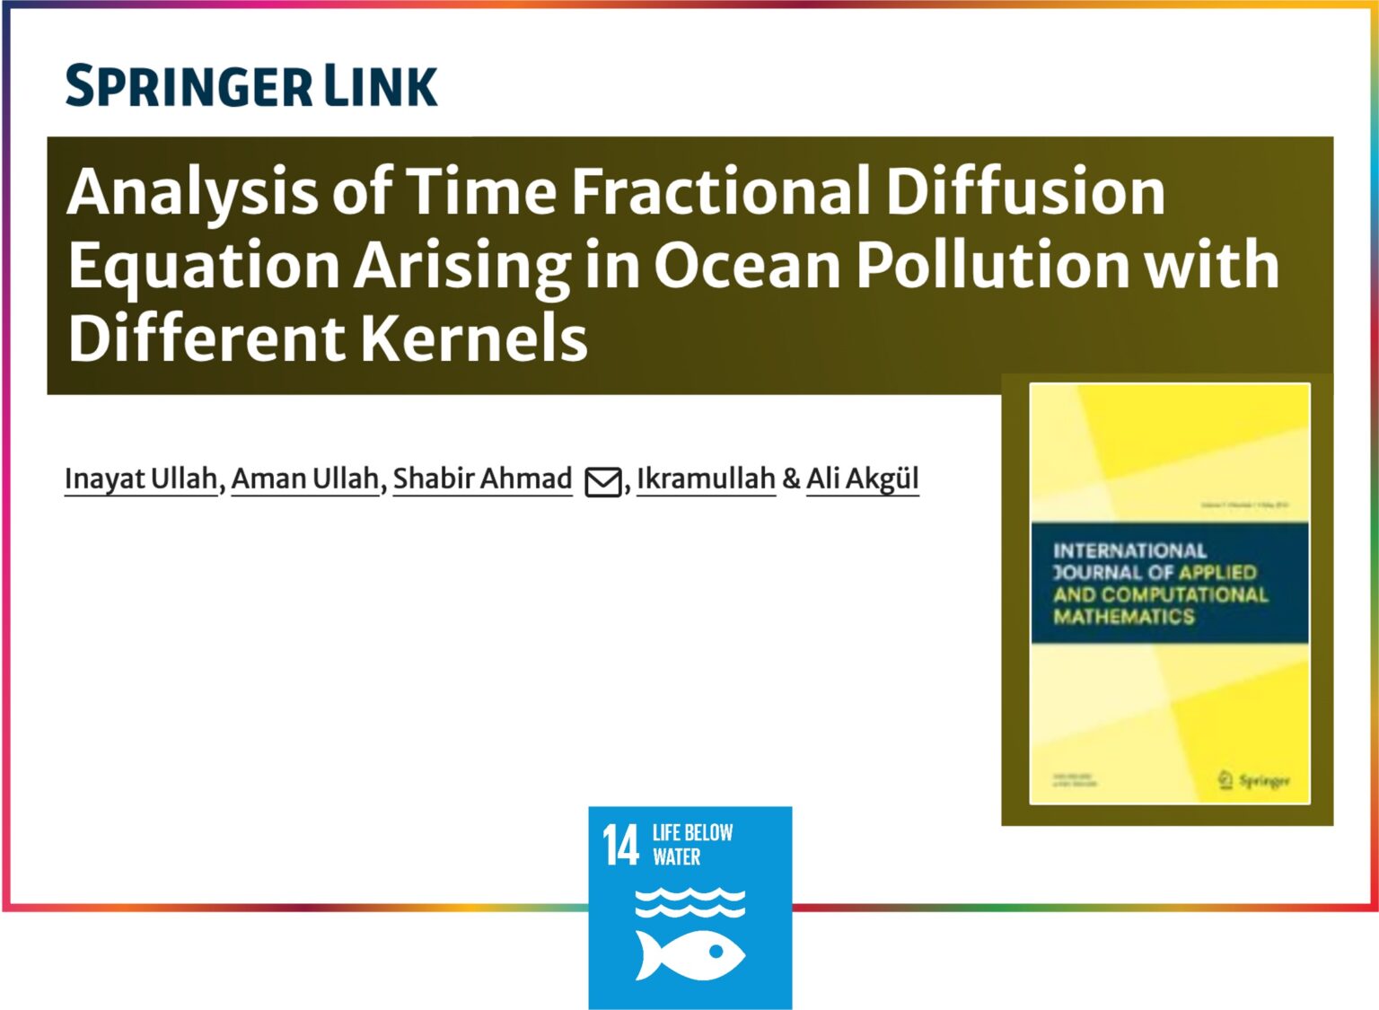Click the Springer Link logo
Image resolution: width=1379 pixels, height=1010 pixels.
pos(251,86)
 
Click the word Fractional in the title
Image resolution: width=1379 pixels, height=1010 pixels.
pos(720,191)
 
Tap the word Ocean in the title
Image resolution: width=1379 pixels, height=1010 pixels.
pos(747,265)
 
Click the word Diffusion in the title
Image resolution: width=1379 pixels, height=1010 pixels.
pos(1025,191)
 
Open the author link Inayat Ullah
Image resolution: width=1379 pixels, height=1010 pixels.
pos(141,479)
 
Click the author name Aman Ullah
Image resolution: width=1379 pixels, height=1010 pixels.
pos(305,479)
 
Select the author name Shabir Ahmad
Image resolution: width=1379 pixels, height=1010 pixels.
pos(482,479)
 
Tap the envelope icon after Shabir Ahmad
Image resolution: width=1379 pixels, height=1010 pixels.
pos(602,482)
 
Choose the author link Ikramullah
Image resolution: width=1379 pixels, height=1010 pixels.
pos(706,479)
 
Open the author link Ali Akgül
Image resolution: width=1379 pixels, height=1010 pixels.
pos(862,479)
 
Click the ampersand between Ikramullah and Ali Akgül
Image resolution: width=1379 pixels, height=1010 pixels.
pos(791,479)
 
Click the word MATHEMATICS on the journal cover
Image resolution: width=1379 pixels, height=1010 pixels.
pos(1124,617)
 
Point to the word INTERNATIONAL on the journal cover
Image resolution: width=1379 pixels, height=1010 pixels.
pos(1129,550)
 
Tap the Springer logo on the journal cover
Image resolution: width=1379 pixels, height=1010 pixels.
pos(1254,780)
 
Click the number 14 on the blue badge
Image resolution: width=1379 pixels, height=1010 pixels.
pos(620,846)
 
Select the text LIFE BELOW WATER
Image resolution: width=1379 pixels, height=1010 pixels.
pos(691,845)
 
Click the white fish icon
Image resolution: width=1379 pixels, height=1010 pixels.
pos(689,954)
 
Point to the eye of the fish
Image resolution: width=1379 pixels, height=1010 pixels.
pos(716,950)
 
